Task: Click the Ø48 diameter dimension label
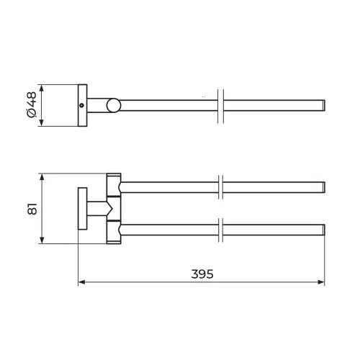32,105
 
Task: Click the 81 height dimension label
32,209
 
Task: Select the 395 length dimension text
202,274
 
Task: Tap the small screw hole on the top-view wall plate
82,105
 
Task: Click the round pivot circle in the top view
114,105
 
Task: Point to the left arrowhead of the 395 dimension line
81,282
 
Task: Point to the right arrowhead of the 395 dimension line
321,282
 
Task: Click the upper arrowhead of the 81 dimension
42,177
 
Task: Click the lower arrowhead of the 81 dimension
42,240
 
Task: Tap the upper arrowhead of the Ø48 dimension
42,88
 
